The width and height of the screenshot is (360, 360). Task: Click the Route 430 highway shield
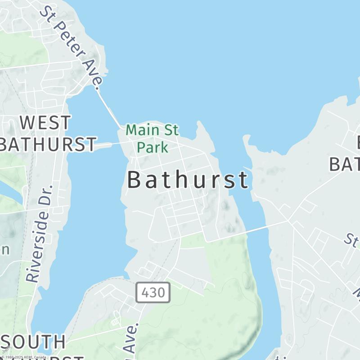coord(153,292)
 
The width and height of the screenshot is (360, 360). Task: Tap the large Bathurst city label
coord(188,180)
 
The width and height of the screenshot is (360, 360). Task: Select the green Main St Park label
coord(152,138)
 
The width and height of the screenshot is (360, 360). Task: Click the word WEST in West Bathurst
coord(46,122)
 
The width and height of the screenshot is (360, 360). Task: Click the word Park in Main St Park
coord(153,147)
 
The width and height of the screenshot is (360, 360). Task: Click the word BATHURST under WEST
coord(47,144)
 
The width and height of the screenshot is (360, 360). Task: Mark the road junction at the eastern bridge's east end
coord(288,221)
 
